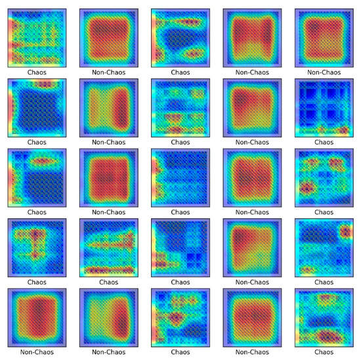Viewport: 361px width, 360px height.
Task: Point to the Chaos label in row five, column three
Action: click(180, 353)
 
